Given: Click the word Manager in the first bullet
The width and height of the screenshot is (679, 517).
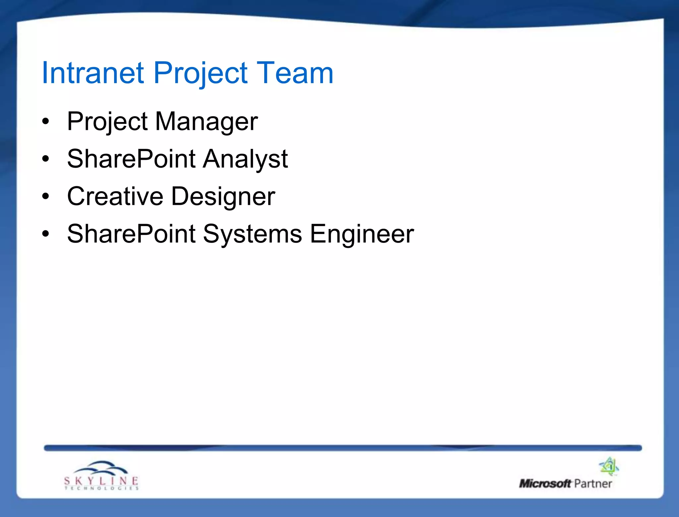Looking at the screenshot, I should coord(206,122).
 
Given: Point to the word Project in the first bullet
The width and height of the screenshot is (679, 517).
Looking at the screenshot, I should coord(107,122).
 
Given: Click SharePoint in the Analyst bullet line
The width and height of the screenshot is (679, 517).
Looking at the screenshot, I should coord(131,159).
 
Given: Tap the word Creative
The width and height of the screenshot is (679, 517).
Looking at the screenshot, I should coord(115,196).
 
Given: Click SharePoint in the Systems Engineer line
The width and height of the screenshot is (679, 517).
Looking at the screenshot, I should coord(131,234).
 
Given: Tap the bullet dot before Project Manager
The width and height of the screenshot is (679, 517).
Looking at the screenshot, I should coord(46,122).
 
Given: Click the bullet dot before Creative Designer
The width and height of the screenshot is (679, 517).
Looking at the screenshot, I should coord(46,196).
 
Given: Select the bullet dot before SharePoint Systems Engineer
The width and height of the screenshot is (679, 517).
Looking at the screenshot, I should coord(46,234).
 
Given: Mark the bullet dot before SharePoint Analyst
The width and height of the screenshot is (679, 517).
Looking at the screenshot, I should coord(46,159).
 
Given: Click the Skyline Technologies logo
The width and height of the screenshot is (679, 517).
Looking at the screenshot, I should coord(101,476).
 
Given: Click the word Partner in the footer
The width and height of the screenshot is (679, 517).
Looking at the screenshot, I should coord(593,484).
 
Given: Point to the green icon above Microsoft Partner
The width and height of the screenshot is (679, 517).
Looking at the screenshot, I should coord(609,466).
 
